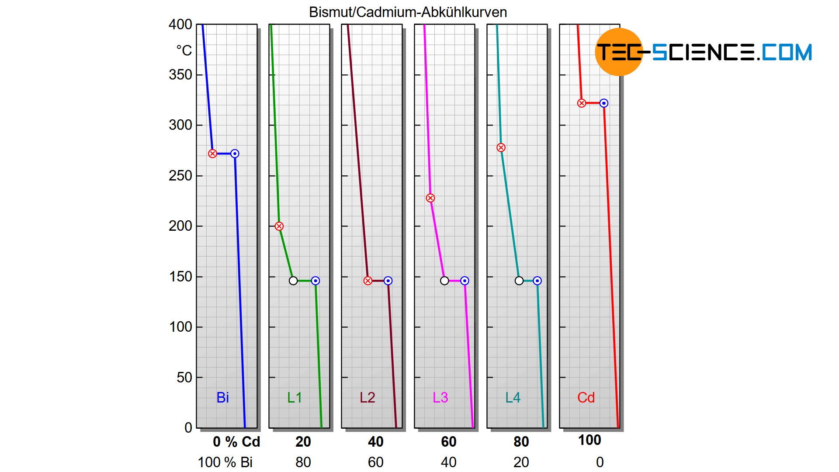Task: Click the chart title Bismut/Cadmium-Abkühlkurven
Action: coord(408,12)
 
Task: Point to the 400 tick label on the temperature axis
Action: coord(180,24)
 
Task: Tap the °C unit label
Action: coord(184,51)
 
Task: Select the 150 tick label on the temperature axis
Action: coord(180,277)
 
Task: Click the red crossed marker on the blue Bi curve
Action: coord(212,153)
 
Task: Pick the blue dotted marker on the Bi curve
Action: coord(235,153)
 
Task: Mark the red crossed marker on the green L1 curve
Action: coord(279,226)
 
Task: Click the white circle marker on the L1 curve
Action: coord(293,281)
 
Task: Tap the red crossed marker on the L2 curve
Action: coord(368,281)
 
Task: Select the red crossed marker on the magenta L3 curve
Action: coord(430,198)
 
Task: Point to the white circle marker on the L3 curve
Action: coord(444,281)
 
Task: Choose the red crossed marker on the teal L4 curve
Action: coord(501,148)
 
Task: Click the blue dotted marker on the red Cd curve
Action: coord(604,103)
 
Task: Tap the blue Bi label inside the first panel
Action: coord(222,397)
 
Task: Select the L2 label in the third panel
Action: coord(367,397)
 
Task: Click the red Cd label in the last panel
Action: coord(586,397)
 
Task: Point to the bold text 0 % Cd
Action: coord(236,442)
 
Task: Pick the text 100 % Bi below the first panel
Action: coord(225,462)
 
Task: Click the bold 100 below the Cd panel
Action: coord(589,440)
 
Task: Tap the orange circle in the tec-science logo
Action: coord(619,52)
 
